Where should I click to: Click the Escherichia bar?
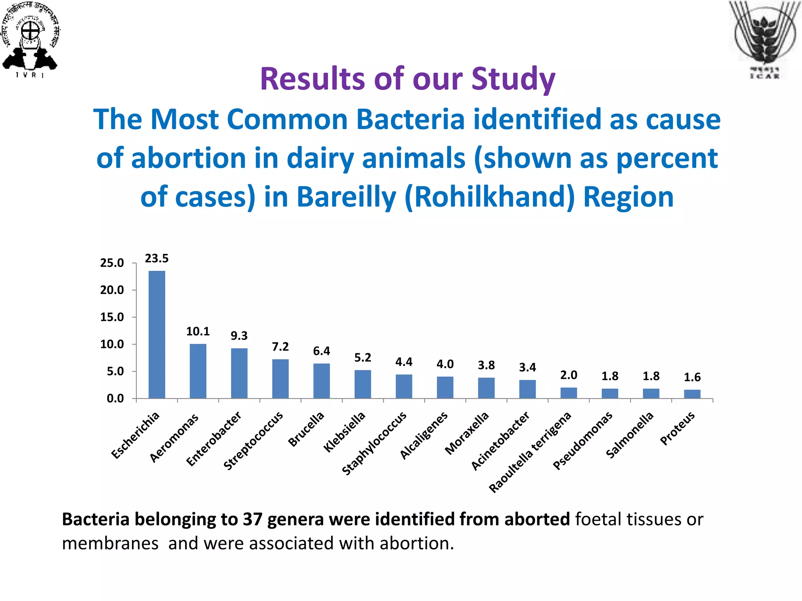pos(157,335)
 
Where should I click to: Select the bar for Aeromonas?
pos(198,371)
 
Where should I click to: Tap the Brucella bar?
pos(322,381)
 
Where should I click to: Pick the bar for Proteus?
pos(692,394)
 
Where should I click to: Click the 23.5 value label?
pos(157,258)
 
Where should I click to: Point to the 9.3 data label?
pos(239,336)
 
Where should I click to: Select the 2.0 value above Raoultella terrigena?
pos(569,375)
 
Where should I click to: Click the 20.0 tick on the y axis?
pos(112,290)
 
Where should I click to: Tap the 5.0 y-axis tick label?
pos(115,371)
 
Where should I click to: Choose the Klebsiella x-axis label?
pos(344,432)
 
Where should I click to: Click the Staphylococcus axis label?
pos(374,443)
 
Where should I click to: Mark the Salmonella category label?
pos(630,435)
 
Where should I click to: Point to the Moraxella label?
pos(467,433)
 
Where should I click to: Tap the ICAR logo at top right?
pos(764,39)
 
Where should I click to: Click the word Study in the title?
pos(513,79)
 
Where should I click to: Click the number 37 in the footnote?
pos(252,519)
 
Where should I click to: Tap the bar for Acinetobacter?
pos(527,389)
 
